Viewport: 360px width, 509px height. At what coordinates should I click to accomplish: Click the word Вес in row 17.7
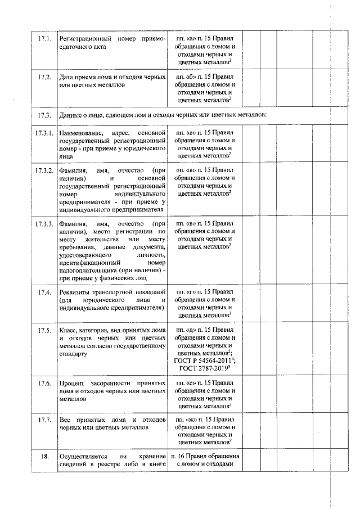click(x=65, y=420)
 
